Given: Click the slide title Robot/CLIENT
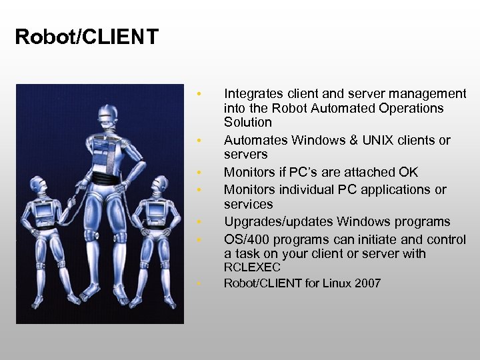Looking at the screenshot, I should pos(87,36).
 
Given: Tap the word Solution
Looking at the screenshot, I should pos(248,123).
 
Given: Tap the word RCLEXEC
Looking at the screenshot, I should pos(252,267).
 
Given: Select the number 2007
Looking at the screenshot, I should pos(367,283).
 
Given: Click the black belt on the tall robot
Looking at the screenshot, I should pos(105,180).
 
